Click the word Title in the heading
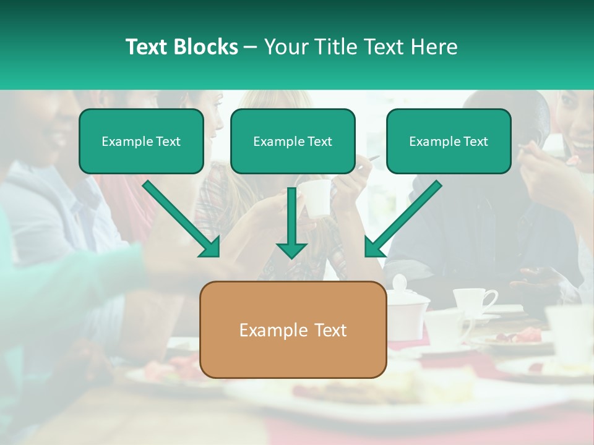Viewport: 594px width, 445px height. (334, 47)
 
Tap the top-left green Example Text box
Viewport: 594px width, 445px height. (141, 142)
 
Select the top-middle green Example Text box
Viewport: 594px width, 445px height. (293, 142)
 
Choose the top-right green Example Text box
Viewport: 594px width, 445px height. (449, 142)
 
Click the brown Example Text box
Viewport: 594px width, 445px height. (293, 329)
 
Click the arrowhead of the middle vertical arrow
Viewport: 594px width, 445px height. (291, 250)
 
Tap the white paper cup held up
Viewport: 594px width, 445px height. (317, 198)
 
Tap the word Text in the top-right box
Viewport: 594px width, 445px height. (475, 142)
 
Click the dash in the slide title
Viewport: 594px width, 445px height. (251, 48)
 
